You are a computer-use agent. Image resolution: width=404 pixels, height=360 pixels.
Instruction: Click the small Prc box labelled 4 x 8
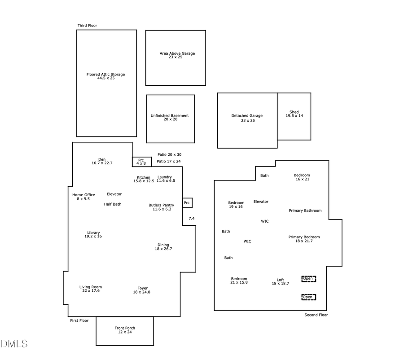(x=141, y=162)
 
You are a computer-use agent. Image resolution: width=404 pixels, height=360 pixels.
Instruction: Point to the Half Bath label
(x=113, y=204)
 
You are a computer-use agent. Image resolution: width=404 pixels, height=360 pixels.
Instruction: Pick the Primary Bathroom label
(x=305, y=211)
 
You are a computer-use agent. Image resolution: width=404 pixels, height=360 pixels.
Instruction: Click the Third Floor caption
(x=87, y=26)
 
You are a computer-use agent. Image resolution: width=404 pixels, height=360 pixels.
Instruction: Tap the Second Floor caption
(x=316, y=315)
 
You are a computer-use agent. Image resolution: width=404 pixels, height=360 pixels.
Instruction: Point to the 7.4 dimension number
(x=192, y=218)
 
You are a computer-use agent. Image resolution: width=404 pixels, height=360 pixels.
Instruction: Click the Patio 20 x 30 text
(x=169, y=154)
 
